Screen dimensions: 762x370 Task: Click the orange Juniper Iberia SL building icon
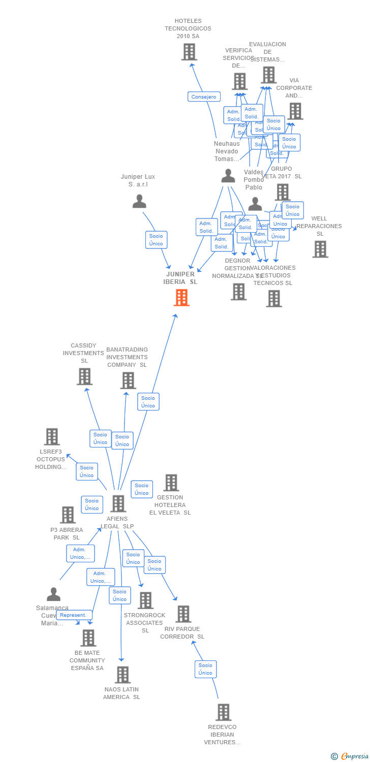(181, 298)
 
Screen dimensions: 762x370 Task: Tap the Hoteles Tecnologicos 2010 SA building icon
(189, 52)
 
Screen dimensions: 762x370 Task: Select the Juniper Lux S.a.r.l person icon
(139, 202)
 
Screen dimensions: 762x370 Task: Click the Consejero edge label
(204, 97)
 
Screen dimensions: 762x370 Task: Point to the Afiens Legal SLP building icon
(118, 503)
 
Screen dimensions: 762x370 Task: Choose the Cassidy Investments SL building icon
(84, 376)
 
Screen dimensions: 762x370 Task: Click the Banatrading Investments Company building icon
(128, 380)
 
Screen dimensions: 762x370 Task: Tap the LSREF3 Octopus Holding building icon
(52, 436)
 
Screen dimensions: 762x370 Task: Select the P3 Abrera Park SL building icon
(68, 515)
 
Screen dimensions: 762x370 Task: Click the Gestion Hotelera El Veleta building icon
(171, 483)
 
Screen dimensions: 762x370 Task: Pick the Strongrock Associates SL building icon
(145, 600)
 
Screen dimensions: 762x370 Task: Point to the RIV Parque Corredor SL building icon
(183, 614)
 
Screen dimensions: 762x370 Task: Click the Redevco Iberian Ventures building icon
(223, 712)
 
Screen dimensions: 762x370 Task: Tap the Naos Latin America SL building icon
(122, 675)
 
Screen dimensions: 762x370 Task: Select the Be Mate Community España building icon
(88, 638)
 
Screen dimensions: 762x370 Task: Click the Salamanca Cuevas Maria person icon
(53, 594)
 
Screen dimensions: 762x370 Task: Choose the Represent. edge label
(74, 615)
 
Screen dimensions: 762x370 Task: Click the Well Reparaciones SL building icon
(320, 249)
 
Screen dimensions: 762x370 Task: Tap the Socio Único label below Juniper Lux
(156, 240)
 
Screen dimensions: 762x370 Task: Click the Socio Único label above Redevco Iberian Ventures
(205, 669)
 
